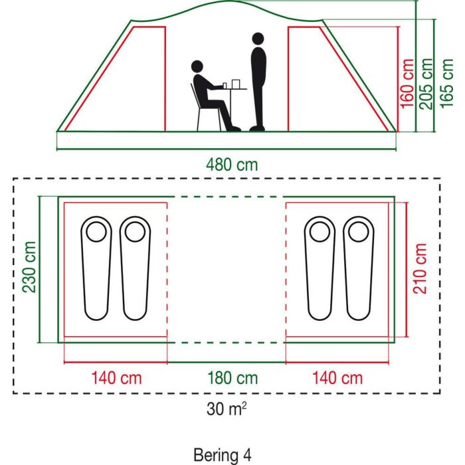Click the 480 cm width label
click(x=232, y=165)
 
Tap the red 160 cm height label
click(x=407, y=84)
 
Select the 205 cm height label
click(x=426, y=84)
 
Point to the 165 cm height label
click(x=446, y=84)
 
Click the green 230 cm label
click(x=29, y=267)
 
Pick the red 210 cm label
click(x=420, y=268)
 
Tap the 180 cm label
click(x=232, y=378)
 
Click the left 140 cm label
click(x=116, y=378)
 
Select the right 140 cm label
click(x=337, y=378)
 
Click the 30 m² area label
click(x=227, y=409)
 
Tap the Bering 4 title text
click(x=223, y=455)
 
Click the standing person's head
click(x=258, y=39)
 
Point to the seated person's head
click(x=197, y=66)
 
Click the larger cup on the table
click(x=235, y=84)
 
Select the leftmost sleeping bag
click(x=96, y=268)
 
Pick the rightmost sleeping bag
click(x=359, y=268)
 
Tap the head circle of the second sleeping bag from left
click(x=136, y=232)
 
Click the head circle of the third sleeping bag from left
click(x=320, y=232)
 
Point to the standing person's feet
click(x=257, y=128)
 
